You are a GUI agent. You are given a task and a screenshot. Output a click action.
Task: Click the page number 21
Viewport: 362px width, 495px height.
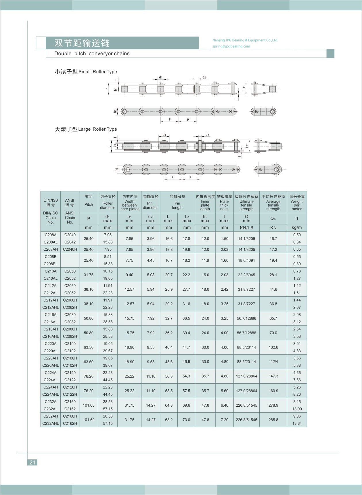(32, 462)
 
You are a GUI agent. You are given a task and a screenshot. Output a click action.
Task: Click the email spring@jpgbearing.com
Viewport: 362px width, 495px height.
(231, 46)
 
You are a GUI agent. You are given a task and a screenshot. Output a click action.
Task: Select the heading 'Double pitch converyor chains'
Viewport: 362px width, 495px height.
(92, 54)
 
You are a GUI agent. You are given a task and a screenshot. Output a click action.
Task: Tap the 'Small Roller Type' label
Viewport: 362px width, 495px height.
(98, 72)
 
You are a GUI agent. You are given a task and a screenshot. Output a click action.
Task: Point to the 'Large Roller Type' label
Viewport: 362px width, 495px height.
(97, 129)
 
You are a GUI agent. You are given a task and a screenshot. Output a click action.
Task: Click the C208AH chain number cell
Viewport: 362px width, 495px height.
(51, 250)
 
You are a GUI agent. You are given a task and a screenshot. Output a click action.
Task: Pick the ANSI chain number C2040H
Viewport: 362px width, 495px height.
(70, 250)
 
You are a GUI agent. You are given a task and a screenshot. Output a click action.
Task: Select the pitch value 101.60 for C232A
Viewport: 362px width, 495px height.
(89, 405)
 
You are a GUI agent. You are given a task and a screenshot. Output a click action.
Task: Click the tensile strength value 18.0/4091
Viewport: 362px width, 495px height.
(246, 260)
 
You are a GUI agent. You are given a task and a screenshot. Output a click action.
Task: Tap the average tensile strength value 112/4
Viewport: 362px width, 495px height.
(273, 362)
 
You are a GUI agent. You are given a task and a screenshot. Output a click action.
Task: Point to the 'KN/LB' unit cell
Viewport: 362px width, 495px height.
(246, 228)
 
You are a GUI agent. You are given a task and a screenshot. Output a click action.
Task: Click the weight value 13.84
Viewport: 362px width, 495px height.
(297, 423)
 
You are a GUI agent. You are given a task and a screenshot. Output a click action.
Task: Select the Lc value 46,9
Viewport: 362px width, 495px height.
(186, 362)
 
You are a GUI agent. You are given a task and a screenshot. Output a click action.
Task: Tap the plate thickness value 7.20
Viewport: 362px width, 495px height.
(224, 420)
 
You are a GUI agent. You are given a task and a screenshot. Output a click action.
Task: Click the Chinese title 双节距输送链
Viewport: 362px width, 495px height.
(82, 43)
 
